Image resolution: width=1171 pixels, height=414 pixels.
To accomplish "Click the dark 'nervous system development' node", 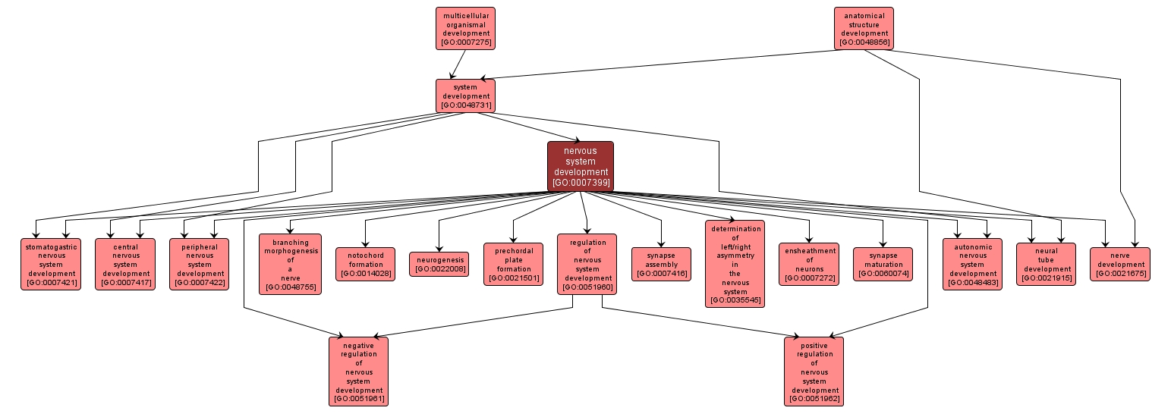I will point(581,166).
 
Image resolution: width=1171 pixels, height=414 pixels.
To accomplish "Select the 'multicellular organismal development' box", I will point(465,28).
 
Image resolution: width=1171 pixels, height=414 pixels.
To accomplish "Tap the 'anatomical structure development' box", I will point(864,28).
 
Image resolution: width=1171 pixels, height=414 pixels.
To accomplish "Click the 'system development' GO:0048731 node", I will point(465,96).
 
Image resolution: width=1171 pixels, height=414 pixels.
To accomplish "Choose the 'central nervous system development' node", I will point(125,264).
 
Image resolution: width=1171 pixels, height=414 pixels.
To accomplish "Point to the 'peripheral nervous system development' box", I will point(200,264).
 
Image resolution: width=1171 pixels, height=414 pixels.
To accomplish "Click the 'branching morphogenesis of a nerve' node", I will point(290,264).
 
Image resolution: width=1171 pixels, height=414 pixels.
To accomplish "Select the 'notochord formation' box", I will point(366,264).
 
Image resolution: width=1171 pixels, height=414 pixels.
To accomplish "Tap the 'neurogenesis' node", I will point(440,264).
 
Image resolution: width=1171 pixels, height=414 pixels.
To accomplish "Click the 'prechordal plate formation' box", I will point(513,264).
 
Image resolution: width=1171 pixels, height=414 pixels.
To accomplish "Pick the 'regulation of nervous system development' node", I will point(587,264).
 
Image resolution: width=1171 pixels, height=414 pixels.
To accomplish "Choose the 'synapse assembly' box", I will point(661,264).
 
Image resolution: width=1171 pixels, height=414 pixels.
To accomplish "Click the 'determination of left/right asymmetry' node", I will point(735,264).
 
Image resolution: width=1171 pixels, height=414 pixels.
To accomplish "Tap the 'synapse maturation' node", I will point(883,264).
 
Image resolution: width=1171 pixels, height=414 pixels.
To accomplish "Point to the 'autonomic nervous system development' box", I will point(972,264).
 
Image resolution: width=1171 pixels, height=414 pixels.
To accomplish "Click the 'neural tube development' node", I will point(1046,264).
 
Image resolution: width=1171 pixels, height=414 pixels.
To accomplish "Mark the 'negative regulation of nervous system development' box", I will point(358,372).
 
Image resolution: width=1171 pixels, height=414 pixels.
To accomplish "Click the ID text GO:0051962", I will point(814,399).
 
